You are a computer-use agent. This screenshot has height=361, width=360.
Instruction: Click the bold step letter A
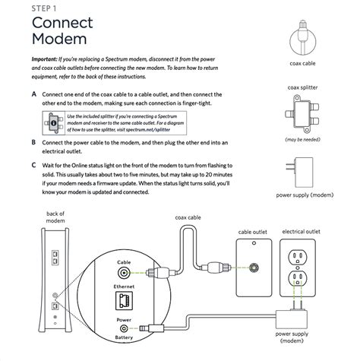(33, 94)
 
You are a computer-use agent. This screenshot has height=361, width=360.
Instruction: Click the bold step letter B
(33, 141)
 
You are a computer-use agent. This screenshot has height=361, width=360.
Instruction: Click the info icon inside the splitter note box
(52, 121)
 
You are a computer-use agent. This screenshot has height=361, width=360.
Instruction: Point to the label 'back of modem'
(56, 218)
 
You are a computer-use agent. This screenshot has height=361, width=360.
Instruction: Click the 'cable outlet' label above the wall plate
(254, 232)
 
